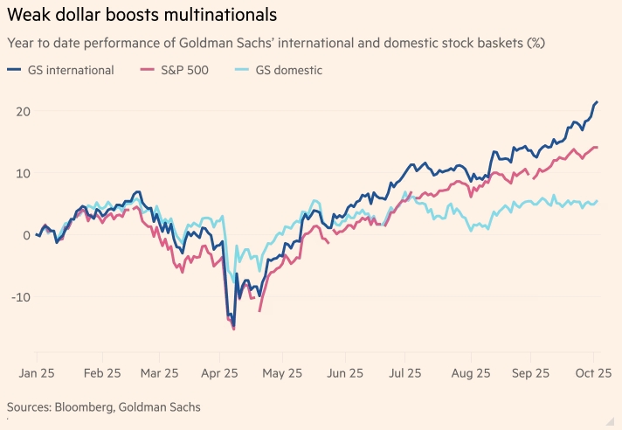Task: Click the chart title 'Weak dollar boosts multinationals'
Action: coord(142,15)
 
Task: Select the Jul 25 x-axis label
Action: coord(409,372)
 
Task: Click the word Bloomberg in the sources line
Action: coord(87,407)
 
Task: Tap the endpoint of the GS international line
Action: coord(597,102)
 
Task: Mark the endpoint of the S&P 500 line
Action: coord(597,147)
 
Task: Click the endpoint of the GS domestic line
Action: coord(597,201)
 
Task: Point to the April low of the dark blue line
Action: coord(233,326)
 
